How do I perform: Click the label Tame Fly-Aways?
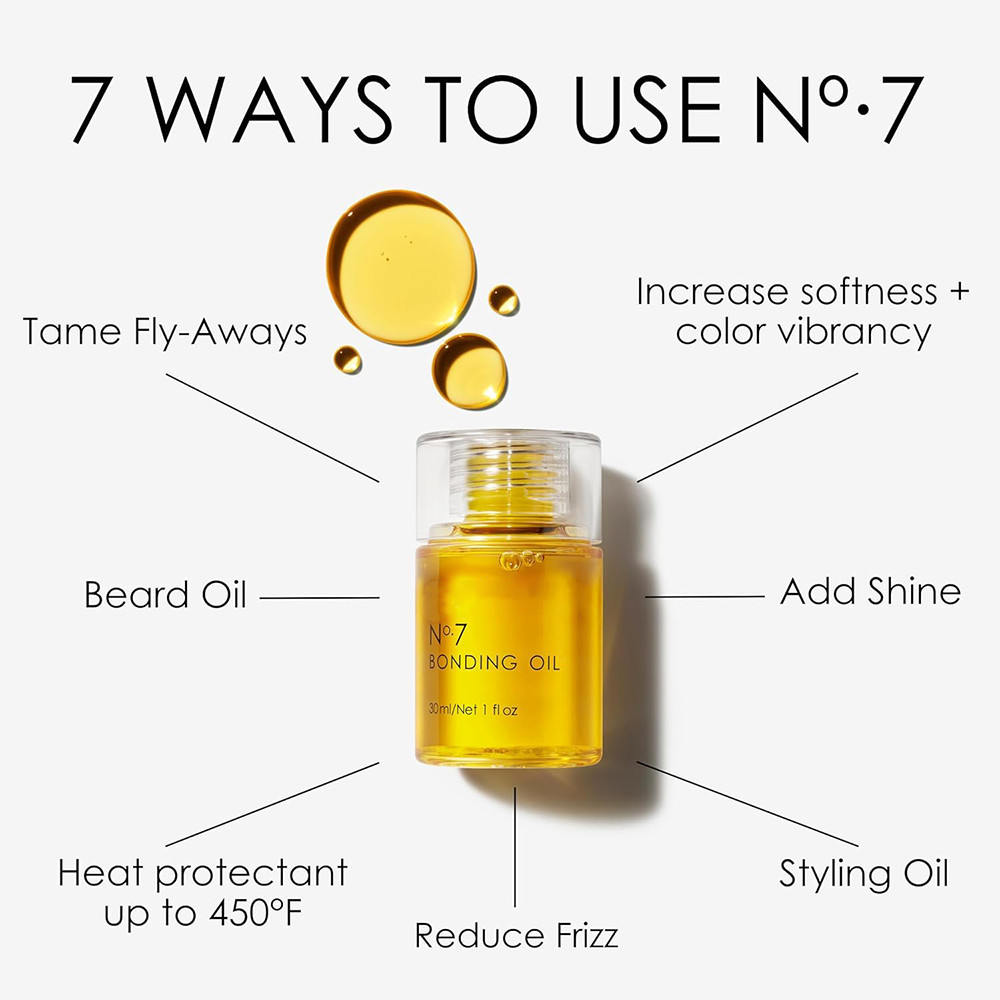165,333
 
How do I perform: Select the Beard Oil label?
165,594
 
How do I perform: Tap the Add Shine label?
871,591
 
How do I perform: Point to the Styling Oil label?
864,874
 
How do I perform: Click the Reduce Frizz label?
517,936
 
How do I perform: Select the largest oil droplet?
401,267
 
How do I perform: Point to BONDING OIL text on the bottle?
494,663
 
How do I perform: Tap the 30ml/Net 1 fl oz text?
473,709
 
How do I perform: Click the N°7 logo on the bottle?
448,635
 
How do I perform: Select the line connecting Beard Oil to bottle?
320,598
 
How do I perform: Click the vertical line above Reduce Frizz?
515,846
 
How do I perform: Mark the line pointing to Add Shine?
705,597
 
